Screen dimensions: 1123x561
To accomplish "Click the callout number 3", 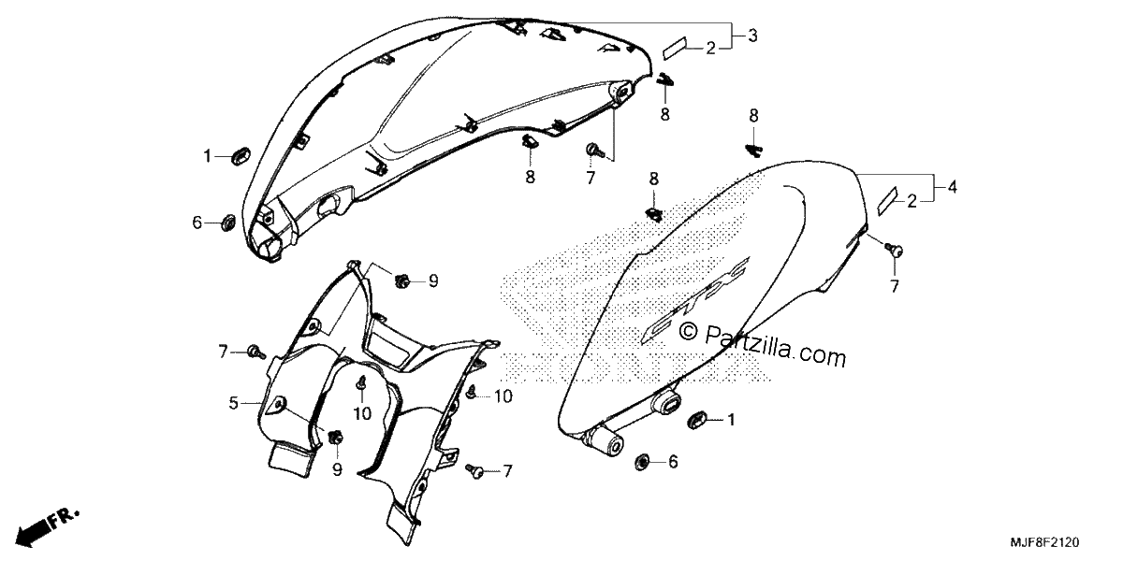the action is click(752, 36).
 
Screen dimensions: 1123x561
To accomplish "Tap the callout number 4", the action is click(952, 187).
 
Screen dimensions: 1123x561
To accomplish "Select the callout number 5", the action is click(233, 403).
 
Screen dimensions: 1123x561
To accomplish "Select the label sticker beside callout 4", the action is click(888, 200).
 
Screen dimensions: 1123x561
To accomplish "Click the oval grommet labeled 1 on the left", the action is click(241, 156).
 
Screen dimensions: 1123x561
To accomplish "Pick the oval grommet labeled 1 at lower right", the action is click(697, 420).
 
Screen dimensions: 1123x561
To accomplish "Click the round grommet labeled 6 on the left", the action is click(228, 222).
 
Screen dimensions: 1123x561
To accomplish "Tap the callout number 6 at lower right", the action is click(673, 461).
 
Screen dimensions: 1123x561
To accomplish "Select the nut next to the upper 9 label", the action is click(402, 281).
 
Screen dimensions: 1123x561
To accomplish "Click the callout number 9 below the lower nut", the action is click(337, 469).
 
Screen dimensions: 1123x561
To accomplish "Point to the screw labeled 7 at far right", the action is click(894, 250).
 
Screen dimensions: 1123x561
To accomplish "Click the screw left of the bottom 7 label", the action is click(474, 470).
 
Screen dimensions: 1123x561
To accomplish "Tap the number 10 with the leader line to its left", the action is click(503, 396).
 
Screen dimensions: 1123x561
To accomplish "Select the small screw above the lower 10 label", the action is click(361, 382).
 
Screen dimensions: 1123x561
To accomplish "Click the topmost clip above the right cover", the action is click(753, 150).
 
